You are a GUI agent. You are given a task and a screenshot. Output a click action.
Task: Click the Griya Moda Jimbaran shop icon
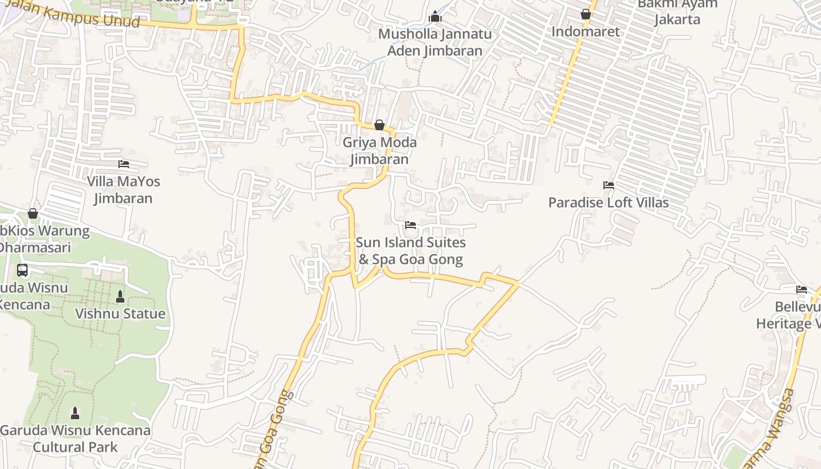point(379,125)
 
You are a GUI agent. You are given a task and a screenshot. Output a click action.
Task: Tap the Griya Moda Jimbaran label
point(379,151)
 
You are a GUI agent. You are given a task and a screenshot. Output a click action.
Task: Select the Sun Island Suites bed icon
point(410,225)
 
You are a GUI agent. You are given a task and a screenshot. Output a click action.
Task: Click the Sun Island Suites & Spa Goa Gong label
point(410,251)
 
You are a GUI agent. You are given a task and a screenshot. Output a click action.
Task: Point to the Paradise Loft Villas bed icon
point(609,185)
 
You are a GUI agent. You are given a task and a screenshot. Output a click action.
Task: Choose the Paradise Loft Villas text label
point(608,203)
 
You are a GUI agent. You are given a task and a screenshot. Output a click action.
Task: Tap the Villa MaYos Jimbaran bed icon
point(124,164)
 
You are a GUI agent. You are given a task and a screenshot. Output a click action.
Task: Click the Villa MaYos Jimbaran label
point(124,190)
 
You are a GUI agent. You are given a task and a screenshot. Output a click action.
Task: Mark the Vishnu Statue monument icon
point(120,297)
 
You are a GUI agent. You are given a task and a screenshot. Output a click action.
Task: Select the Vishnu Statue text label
point(120,314)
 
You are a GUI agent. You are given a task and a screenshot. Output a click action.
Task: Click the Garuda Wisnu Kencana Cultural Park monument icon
point(75,413)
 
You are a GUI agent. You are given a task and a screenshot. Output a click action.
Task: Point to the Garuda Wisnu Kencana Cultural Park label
point(75,439)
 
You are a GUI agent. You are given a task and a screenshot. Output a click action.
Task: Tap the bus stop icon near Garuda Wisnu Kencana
point(22,270)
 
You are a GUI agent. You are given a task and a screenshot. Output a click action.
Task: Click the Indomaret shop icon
point(585,14)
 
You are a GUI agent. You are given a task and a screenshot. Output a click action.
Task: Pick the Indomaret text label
point(585,32)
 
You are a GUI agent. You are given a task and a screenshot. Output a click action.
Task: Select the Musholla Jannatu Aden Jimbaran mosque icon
point(435,16)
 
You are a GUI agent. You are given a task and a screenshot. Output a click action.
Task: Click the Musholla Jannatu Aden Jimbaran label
point(435,42)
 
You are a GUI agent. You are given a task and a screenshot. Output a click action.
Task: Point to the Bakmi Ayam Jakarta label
point(677,12)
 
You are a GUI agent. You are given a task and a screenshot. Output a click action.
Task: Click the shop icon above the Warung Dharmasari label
point(33,213)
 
